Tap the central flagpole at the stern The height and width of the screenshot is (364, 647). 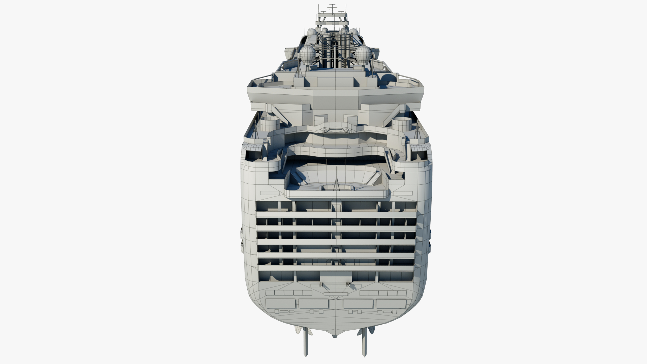pos(337,179)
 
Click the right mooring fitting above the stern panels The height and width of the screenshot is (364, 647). pos(348,285)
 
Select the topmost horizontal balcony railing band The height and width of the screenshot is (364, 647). pos(336,214)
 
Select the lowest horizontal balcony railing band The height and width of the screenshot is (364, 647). pos(336,268)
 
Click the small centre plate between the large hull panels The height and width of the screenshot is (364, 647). pos(336,294)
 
